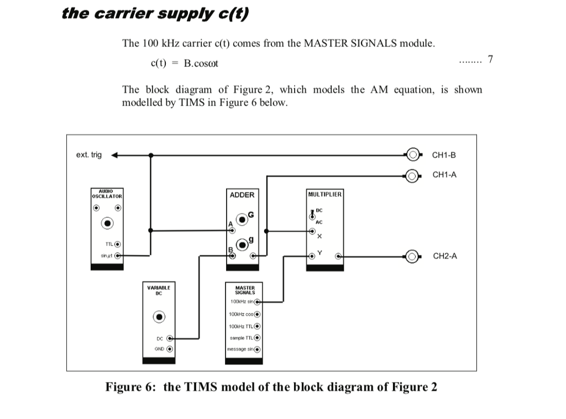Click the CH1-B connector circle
[x=412, y=155]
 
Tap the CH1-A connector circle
[x=412, y=176]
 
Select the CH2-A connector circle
[x=412, y=256]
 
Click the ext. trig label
[x=89, y=155]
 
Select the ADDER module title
[x=242, y=195]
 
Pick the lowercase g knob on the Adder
[x=243, y=244]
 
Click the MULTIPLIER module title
[x=325, y=194]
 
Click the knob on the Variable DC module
[x=159, y=317]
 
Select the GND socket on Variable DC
[x=170, y=349]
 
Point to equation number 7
[x=490, y=59]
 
